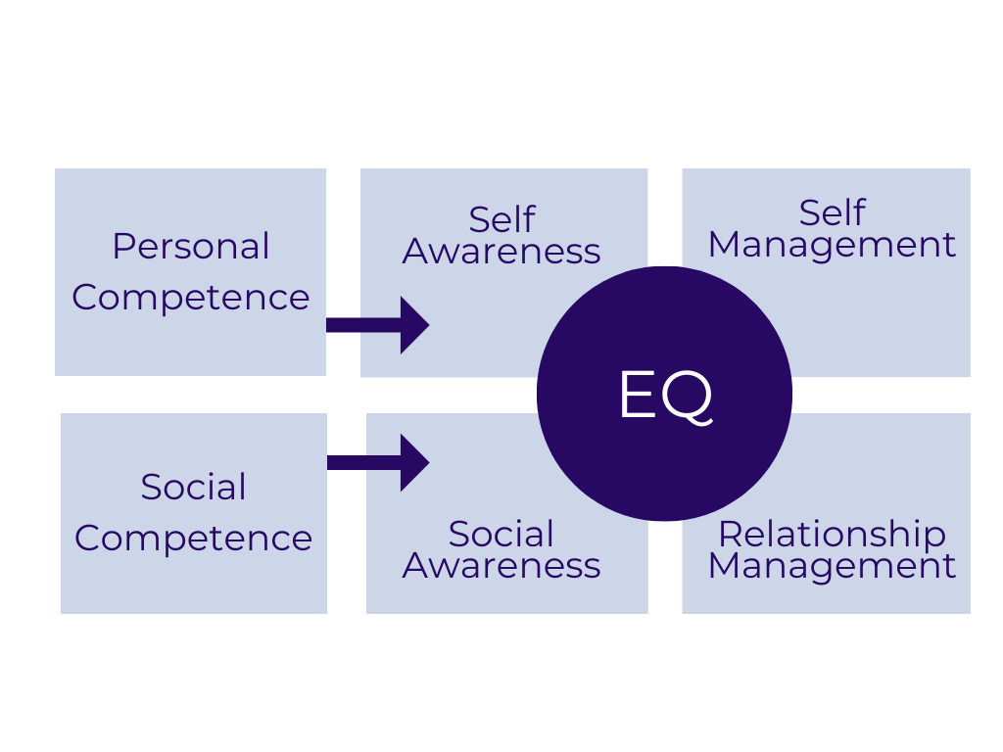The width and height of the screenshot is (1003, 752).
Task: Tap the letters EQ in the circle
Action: click(x=665, y=396)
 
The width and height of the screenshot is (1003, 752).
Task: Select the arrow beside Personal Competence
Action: click(x=377, y=325)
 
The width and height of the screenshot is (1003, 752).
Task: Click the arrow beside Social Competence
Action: click(x=377, y=462)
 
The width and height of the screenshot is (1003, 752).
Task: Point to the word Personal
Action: click(x=191, y=246)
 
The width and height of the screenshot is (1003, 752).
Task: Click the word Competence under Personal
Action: click(x=191, y=297)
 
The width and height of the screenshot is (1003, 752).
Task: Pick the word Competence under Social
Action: click(x=194, y=538)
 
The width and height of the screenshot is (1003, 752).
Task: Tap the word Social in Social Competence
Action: click(x=194, y=487)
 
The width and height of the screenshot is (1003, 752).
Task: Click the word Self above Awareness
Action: click(x=501, y=219)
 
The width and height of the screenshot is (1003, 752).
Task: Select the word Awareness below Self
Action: click(x=501, y=252)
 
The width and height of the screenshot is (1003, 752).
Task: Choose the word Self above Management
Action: click(x=832, y=212)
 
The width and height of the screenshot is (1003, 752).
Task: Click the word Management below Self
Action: click(x=832, y=245)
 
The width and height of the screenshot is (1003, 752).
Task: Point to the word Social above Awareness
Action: click(x=501, y=534)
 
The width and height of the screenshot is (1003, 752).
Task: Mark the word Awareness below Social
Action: click(x=501, y=566)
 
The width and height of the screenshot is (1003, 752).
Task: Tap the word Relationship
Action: click(x=832, y=534)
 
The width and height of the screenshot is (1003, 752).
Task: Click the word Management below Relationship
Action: click(x=832, y=566)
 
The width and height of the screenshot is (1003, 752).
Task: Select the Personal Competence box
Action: click(x=190, y=343)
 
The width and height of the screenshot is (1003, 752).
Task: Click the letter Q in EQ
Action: click(x=690, y=397)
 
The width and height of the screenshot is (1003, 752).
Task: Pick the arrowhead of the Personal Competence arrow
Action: click(x=414, y=325)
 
